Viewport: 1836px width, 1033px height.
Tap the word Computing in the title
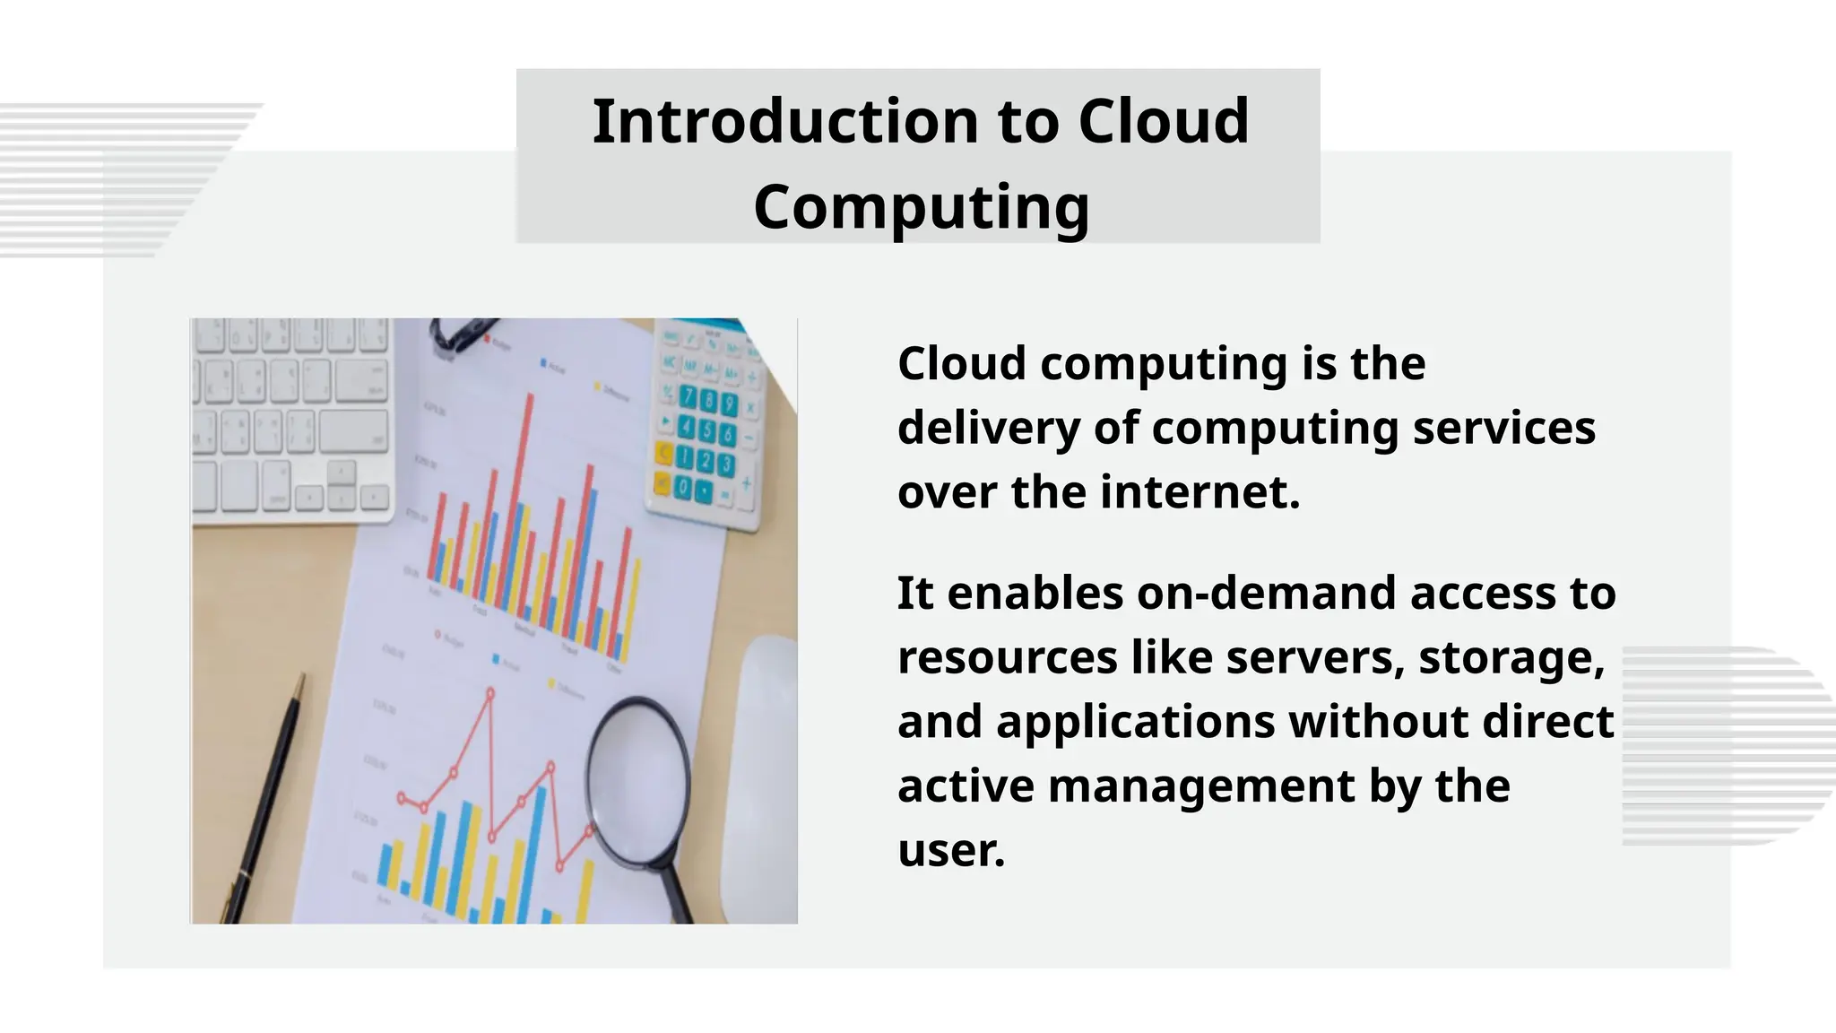click(x=921, y=206)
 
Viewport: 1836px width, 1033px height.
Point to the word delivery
click(x=989, y=428)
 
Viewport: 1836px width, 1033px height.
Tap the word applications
click(x=1136, y=721)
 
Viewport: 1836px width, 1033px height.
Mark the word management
click(x=1201, y=786)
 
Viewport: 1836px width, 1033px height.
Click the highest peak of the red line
click(x=490, y=693)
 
